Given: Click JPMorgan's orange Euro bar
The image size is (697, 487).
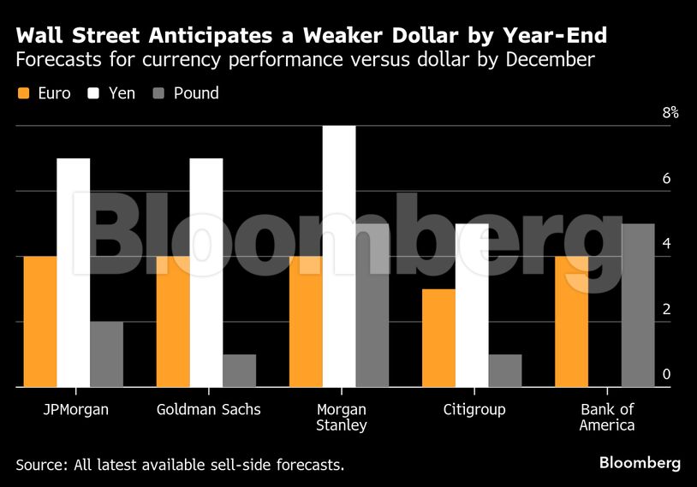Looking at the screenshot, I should pos(39,322).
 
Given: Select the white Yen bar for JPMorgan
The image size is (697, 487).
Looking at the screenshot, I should pos(73,273).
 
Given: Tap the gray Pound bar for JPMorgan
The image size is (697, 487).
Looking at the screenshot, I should pos(106,354).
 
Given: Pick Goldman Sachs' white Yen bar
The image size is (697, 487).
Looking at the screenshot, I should pos(206,273).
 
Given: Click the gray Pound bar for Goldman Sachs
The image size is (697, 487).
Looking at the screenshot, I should pos(239,371).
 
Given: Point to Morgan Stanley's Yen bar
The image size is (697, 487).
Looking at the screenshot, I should pos(339,257).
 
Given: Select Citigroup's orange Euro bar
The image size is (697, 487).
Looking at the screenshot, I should pos(438,338).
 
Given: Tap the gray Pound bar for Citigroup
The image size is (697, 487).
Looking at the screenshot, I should pos(505,371).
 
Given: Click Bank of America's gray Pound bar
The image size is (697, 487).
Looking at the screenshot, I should pos(638,306).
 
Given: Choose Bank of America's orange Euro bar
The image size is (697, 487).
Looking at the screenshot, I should pos(571,322).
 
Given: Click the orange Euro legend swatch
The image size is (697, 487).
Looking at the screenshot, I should pos(23,93).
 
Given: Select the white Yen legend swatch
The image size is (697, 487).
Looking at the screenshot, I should pos(94,93).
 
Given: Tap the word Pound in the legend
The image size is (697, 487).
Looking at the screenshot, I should pos(196,93).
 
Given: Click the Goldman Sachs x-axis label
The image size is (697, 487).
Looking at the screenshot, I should pos(209,409).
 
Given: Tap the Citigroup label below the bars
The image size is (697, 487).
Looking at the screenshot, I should pos(474,409).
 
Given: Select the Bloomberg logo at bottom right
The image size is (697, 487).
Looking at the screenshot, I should pos(640,463).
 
